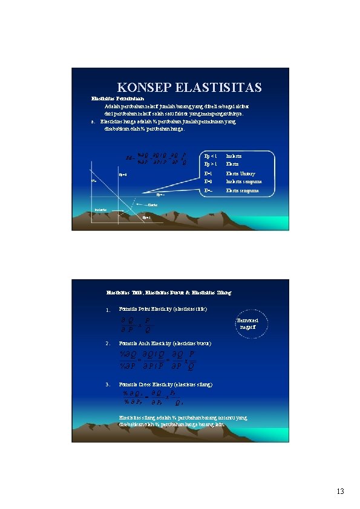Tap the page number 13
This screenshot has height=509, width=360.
pyautogui.click(x=340, y=491)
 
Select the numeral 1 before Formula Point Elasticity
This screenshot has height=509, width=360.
pyautogui.click(x=107, y=311)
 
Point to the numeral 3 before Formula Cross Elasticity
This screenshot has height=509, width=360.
pyautogui.click(x=107, y=384)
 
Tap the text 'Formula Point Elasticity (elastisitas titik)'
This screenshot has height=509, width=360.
pyautogui.click(x=163, y=309)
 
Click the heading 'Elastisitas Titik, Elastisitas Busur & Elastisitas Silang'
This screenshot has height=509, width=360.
pyautogui.click(x=169, y=293)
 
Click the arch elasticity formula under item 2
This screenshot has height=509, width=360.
pyautogui.click(x=158, y=360)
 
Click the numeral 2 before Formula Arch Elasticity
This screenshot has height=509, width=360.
pyautogui.click(x=107, y=344)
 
